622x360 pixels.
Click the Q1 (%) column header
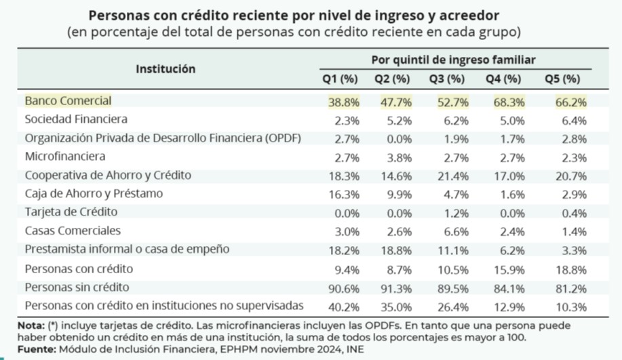pyautogui.click(x=339, y=79)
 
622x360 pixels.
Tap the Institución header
pyautogui.click(x=166, y=68)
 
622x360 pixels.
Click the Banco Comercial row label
pyautogui.click(x=68, y=100)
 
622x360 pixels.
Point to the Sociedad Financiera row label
pyautogui.click(x=76, y=119)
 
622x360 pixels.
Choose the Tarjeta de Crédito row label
pyautogui.click(x=71, y=212)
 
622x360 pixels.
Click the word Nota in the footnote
pyautogui.click(x=31, y=325)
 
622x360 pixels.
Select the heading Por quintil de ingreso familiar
pyautogui.click(x=453, y=60)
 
